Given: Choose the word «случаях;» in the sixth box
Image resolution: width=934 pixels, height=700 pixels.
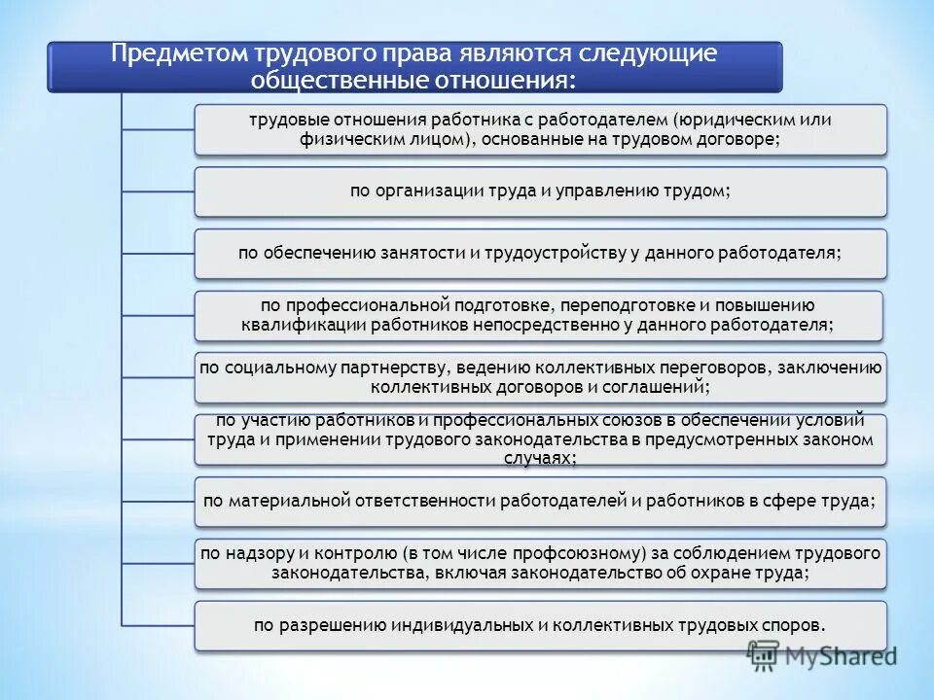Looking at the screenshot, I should pyautogui.click(x=539, y=457).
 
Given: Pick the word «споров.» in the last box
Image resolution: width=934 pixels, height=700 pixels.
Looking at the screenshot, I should pyautogui.click(x=797, y=625).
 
